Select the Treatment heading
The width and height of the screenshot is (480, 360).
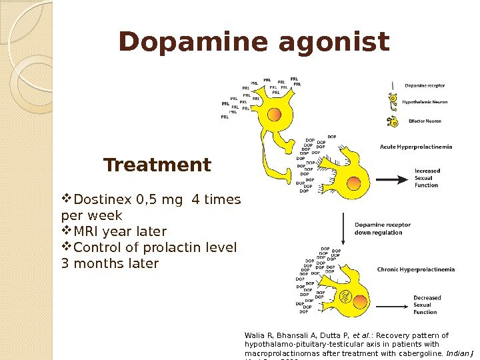click(x=157, y=165)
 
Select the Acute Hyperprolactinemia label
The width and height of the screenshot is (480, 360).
click(x=416, y=146)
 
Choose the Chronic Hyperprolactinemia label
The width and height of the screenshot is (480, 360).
click(x=416, y=270)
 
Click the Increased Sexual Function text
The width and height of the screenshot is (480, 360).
click(x=427, y=178)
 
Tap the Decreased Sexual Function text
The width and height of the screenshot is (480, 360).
click(x=427, y=305)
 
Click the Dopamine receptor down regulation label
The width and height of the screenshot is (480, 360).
click(x=383, y=229)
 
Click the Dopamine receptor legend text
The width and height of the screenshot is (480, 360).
click(x=425, y=85)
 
